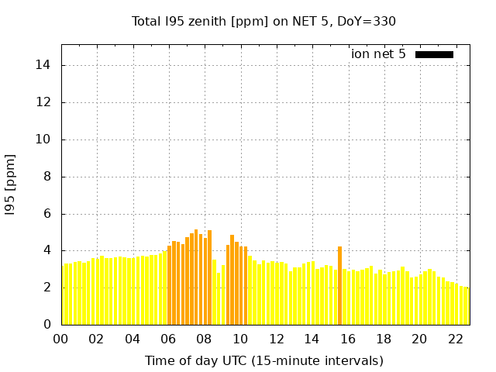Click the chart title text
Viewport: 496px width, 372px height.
coord(263,21)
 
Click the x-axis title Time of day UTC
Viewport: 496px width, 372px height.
coord(263,360)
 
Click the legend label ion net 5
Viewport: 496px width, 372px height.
coord(378,54)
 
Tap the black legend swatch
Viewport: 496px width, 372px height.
coord(434,54)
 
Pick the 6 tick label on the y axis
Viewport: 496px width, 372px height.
coord(49,214)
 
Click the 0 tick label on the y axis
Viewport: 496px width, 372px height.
coord(49,325)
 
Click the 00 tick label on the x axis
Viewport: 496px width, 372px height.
coord(61,339)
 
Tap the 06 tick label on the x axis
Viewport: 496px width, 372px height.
coord(168,339)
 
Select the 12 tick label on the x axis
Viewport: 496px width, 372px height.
coord(276,339)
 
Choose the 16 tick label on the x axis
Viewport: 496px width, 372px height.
coord(348,339)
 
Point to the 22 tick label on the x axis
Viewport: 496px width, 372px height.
coord(455,339)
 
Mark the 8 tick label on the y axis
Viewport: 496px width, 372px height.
coord(49,177)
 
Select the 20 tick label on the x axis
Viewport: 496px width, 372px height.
coord(419,339)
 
